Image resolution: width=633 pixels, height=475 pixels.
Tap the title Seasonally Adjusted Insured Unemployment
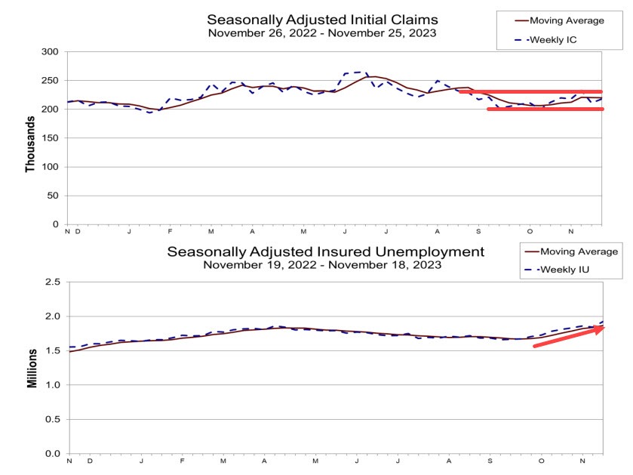325,251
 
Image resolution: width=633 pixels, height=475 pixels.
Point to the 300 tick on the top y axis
51,52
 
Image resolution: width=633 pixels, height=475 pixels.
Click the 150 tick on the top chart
51,138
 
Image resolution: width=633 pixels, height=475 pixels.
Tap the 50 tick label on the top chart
54,196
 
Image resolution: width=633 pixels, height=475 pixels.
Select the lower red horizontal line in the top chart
545,109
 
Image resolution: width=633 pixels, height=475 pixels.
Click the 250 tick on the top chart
51,81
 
